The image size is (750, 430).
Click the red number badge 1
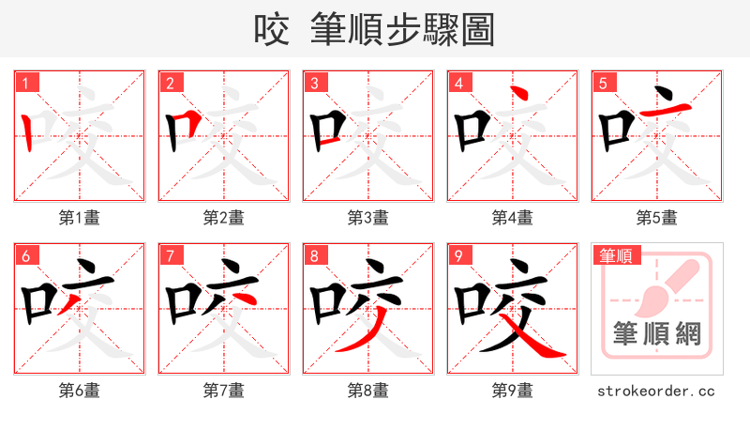[x=25, y=83]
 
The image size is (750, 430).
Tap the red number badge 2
[x=170, y=83]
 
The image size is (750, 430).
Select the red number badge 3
[x=314, y=83]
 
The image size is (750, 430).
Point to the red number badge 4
[x=458, y=83]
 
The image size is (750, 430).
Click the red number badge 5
[x=603, y=83]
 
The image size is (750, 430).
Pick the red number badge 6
[x=25, y=255]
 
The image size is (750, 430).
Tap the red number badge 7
[x=170, y=255]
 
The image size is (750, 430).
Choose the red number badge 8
[x=314, y=255]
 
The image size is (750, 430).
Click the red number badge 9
[x=458, y=255]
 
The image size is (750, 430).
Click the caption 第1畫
[x=80, y=218]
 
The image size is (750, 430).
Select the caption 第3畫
[x=368, y=218]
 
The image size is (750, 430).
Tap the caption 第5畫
[x=657, y=218]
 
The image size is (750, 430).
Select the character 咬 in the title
[x=273, y=31]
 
